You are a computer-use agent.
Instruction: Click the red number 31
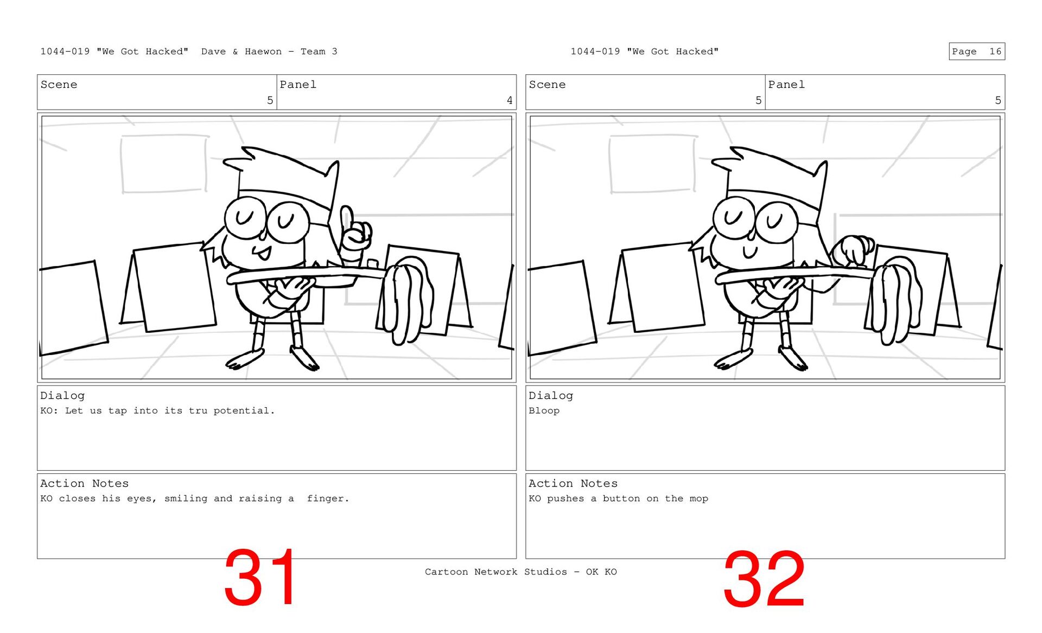260,577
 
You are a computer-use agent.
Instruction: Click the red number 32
764,579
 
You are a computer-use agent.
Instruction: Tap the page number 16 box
977,51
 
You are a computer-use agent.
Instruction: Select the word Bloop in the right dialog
544,410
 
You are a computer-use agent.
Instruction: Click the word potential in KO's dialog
244,411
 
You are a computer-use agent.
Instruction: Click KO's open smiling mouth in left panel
263,253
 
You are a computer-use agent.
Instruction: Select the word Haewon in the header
263,52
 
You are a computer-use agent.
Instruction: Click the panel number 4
509,100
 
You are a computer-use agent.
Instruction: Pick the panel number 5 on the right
997,100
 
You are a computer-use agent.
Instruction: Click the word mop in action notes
699,499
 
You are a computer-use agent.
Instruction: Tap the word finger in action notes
328,498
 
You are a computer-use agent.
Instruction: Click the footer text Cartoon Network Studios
495,572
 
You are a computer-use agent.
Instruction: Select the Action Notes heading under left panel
85,483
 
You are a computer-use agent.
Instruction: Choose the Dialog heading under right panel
551,396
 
